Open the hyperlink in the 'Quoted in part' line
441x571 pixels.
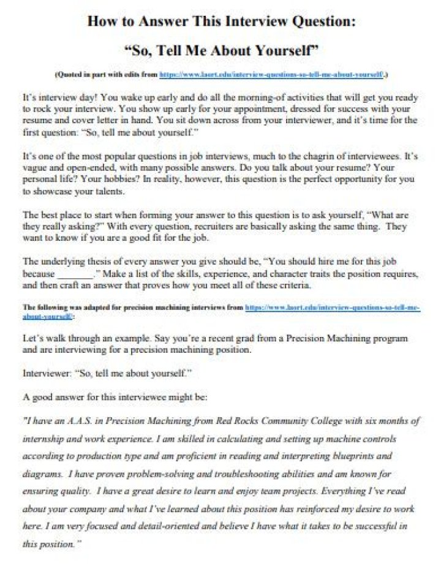click(x=271, y=74)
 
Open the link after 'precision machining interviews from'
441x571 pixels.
click(x=331, y=308)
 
